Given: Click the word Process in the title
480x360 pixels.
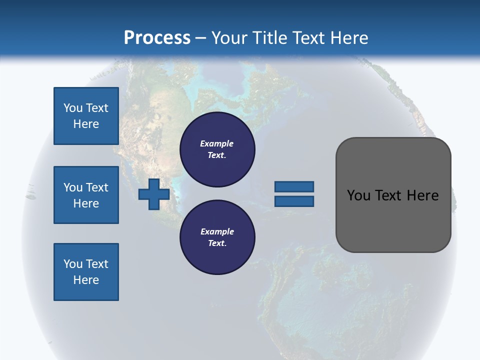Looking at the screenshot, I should [157, 38].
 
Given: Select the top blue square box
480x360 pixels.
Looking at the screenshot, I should [86, 116].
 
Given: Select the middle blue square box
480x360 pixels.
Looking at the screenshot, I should [86, 195].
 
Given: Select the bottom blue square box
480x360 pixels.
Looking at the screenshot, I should [86, 272].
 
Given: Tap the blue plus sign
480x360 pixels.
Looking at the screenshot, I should [154, 194].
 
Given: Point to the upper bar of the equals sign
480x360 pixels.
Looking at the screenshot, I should [294, 186].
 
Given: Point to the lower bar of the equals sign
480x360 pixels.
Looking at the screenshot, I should [294, 201].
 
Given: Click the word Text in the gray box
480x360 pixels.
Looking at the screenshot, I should [390, 195].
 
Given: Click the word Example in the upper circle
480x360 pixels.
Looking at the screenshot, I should [217, 143].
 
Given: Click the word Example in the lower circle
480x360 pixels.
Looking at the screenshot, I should [217, 231].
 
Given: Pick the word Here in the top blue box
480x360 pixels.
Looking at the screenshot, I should [86, 124].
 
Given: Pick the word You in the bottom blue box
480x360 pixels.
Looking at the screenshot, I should [72, 264].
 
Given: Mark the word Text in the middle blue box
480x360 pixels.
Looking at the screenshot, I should [96, 187].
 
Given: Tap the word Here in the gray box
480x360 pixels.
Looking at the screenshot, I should [422, 195].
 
